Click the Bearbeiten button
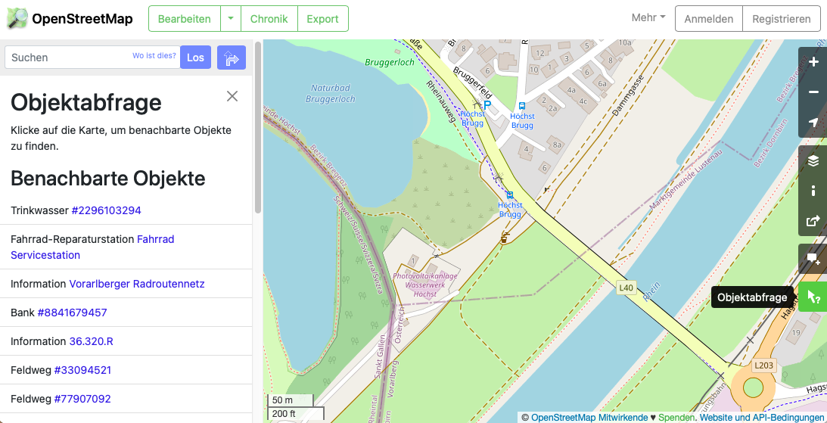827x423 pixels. click(x=184, y=19)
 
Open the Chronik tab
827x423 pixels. click(x=269, y=19)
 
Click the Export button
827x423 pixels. click(x=322, y=19)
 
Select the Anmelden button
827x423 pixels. click(x=708, y=19)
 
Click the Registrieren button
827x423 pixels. click(x=782, y=19)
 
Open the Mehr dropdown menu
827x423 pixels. click(x=648, y=18)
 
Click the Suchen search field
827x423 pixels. click(x=68, y=58)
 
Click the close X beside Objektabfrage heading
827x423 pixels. click(x=232, y=96)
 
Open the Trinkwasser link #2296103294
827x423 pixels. click(x=106, y=210)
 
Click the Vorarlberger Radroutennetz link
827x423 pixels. click(x=137, y=284)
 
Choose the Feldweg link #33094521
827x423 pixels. click(x=82, y=370)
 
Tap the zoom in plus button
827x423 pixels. click(x=813, y=62)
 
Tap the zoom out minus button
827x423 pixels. click(x=813, y=92)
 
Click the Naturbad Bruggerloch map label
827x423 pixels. click(x=331, y=94)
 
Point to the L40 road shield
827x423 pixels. click(x=626, y=288)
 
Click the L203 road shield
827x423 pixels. click(x=763, y=365)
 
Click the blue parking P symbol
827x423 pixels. click(x=487, y=105)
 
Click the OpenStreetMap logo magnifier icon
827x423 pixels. click(x=17, y=19)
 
